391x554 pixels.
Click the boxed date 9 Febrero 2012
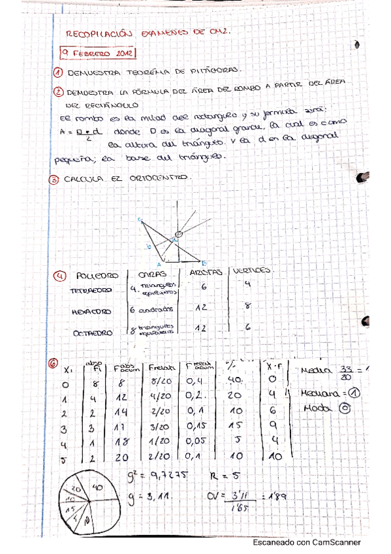98,53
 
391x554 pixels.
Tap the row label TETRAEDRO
91,290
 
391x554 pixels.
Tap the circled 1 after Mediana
354,393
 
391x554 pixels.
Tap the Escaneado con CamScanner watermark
306,542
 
